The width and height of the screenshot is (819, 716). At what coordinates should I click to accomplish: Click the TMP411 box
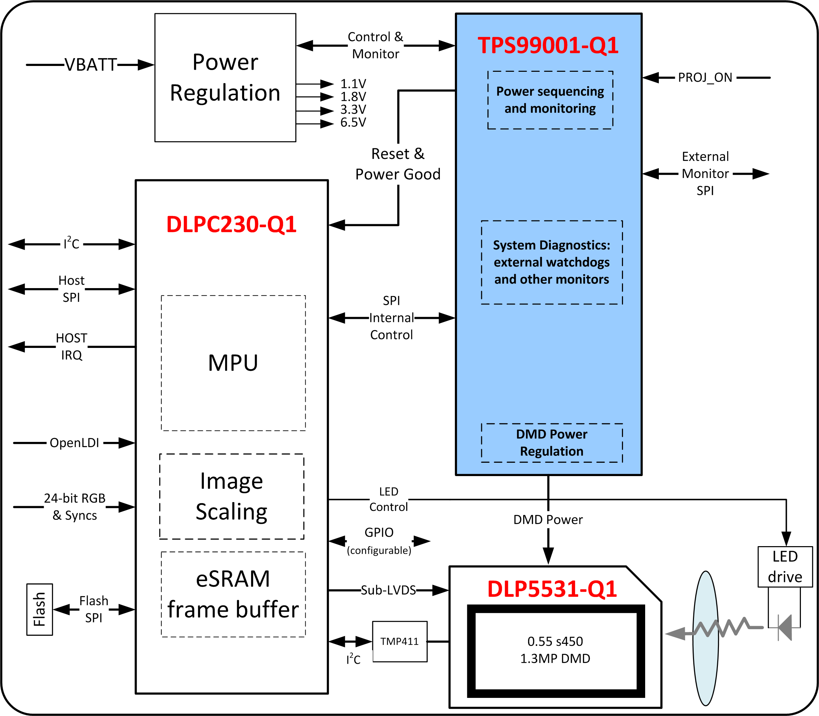(x=400, y=641)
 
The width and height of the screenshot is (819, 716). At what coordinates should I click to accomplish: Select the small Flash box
(x=39, y=609)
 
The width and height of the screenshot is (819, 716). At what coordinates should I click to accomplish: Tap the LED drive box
(x=785, y=567)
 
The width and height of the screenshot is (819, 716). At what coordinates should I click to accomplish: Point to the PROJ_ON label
(x=705, y=78)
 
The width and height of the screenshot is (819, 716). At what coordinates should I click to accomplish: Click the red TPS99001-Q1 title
(x=548, y=45)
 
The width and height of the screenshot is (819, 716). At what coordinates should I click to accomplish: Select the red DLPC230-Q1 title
(x=231, y=224)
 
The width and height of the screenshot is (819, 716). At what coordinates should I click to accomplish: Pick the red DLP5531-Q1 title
(x=552, y=589)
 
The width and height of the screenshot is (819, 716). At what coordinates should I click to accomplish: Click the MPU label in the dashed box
(x=233, y=363)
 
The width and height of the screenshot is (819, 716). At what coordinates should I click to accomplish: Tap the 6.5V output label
(x=353, y=123)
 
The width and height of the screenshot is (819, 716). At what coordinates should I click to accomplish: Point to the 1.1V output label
(x=353, y=84)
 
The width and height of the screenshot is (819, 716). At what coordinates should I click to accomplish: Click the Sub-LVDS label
(x=388, y=590)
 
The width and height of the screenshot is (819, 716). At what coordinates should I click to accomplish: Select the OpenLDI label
(x=74, y=443)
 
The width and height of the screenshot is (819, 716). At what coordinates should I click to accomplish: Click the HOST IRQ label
(x=71, y=347)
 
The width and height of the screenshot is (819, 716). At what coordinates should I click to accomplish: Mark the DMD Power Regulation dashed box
(x=552, y=443)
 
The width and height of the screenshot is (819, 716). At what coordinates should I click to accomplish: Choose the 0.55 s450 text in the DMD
(x=555, y=641)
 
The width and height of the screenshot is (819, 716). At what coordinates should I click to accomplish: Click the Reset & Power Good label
(x=398, y=164)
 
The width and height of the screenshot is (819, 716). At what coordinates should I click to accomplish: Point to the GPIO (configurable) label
(x=379, y=541)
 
